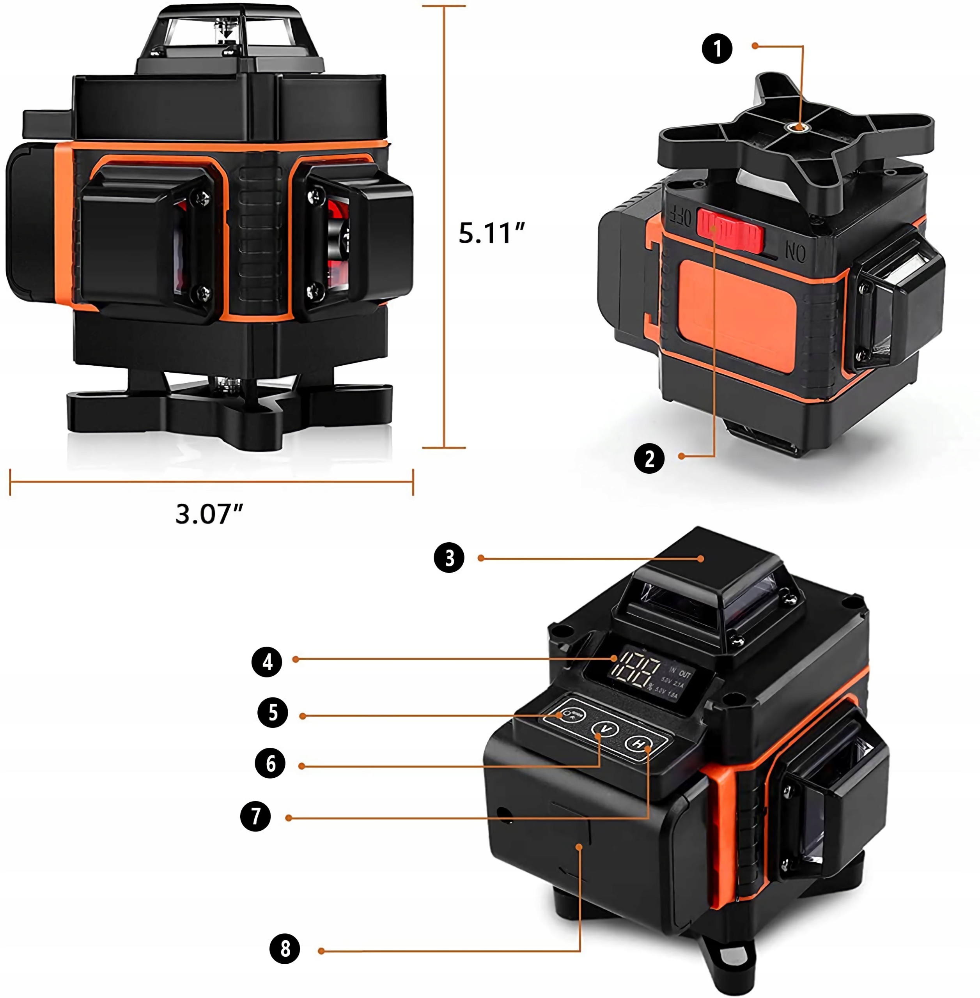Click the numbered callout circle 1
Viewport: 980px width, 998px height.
click(x=717, y=49)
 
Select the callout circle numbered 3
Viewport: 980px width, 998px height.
click(x=449, y=557)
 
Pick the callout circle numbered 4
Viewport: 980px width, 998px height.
click(x=267, y=662)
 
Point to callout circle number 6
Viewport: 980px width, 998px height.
click(x=270, y=763)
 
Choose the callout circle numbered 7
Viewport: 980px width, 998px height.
click(x=255, y=816)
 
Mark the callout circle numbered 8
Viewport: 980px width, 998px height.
click(x=285, y=948)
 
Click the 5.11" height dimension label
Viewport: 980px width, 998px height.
click(x=491, y=233)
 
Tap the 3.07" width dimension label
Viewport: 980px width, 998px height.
click(x=209, y=513)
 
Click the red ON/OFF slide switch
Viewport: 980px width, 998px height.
click(x=730, y=230)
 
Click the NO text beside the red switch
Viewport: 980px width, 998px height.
click(x=796, y=253)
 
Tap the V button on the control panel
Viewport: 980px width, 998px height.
click(x=605, y=729)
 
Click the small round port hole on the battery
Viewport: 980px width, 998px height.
click(x=503, y=813)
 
